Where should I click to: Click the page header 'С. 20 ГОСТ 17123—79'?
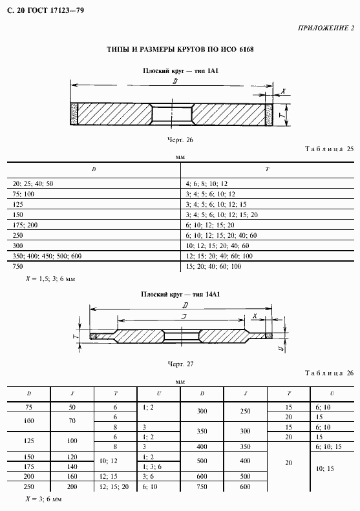point(45,10)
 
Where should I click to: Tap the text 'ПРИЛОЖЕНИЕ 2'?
point(326,28)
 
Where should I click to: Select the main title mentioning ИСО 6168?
point(180,50)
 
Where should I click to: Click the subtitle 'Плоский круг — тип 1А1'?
point(180,70)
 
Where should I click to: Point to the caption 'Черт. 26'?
point(180,140)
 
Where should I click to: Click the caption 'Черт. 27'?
point(180,364)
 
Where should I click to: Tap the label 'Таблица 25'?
point(330,149)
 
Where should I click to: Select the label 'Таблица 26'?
point(330,373)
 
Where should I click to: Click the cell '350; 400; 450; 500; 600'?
point(47,256)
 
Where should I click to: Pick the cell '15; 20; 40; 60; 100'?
point(213,267)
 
